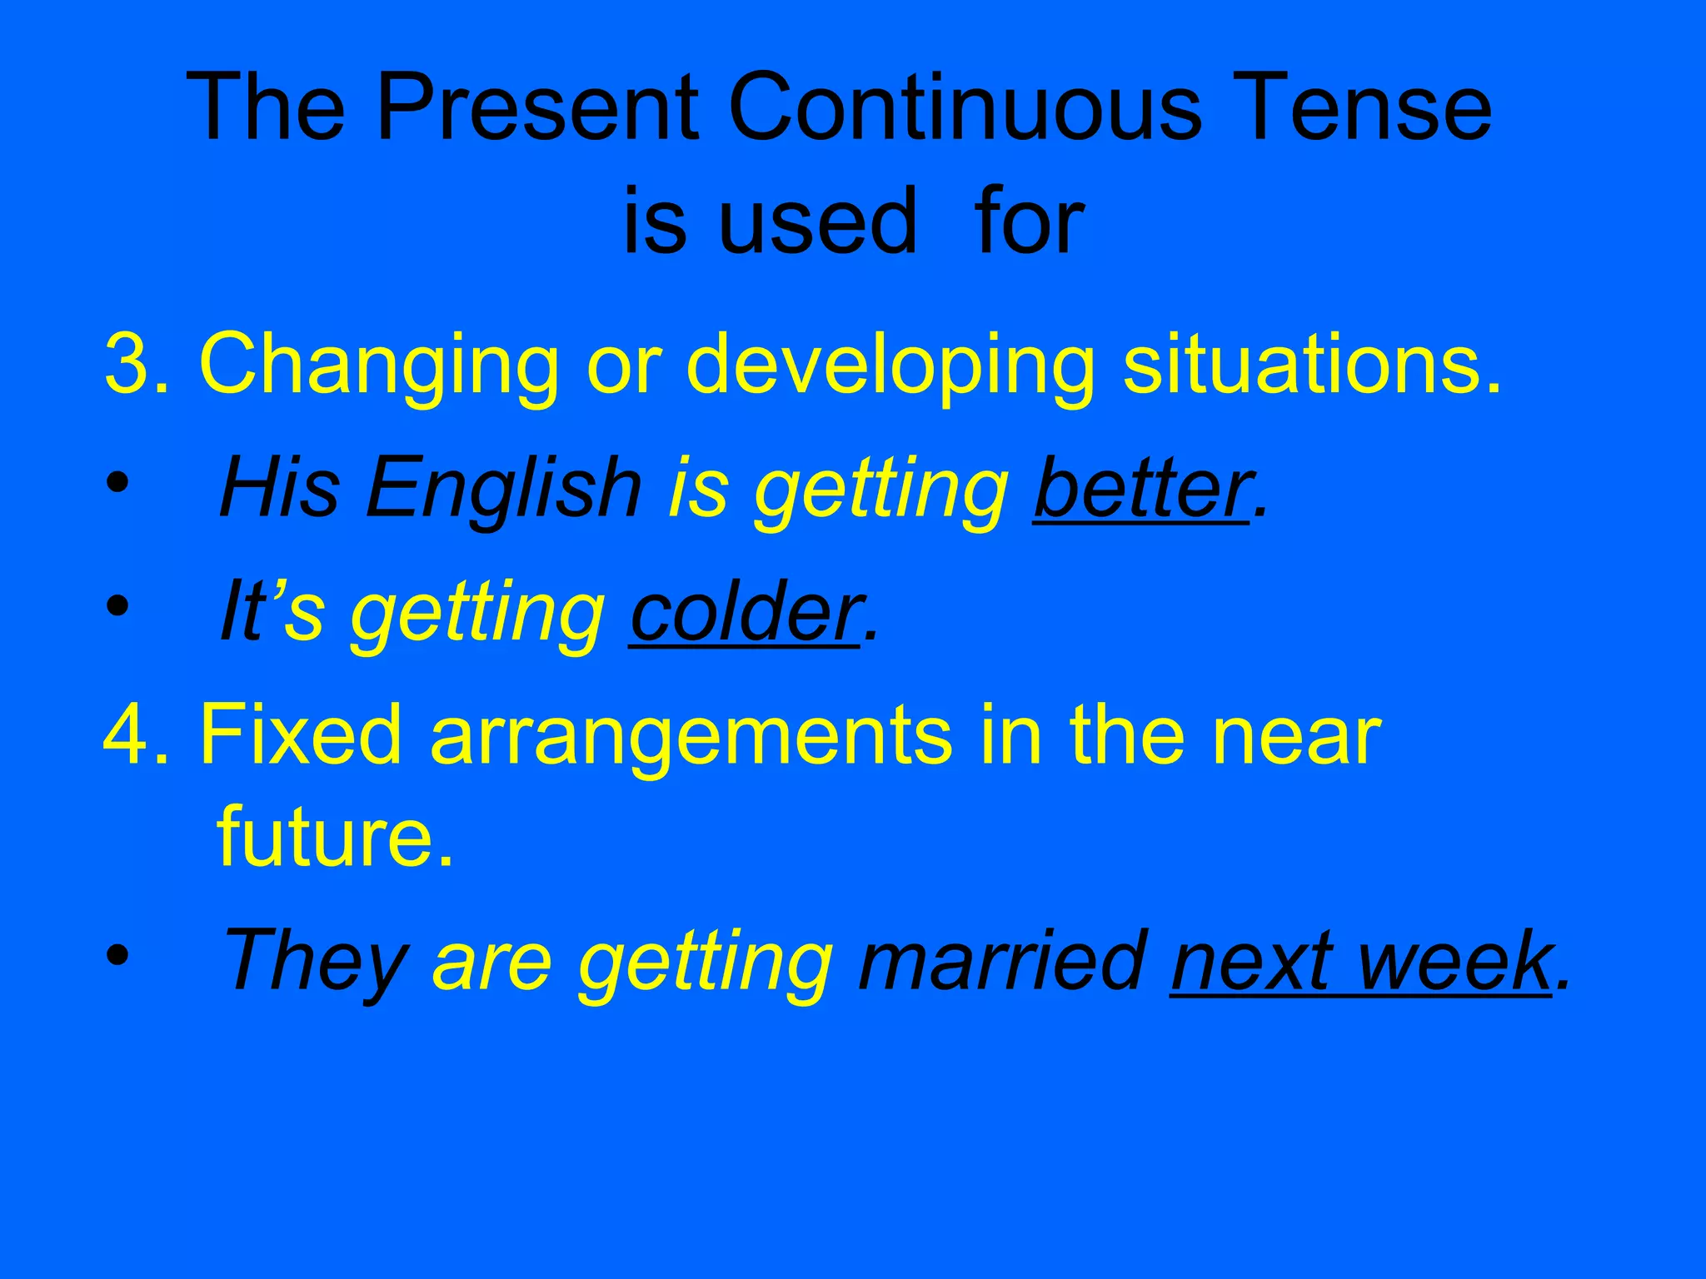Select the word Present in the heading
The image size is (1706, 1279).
coord(537,108)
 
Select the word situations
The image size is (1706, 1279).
coord(1311,365)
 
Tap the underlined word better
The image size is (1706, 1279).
coord(1141,488)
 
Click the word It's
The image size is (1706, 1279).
coord(271,612)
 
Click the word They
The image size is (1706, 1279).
coord(313,963)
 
